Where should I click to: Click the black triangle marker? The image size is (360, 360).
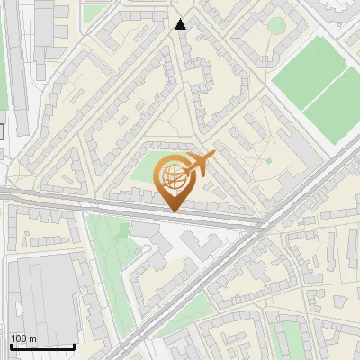(182, 24)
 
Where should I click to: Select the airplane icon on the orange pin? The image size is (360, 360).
(199, 164)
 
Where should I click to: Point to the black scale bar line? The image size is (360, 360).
(42, 346)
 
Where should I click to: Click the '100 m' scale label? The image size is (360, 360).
(24, 338)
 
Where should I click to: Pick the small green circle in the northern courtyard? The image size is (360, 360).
(276, 25)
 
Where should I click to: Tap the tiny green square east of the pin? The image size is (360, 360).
(268, 161)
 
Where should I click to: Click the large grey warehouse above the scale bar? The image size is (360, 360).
(40, 292)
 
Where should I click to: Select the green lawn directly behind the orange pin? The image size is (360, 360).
(144, 171)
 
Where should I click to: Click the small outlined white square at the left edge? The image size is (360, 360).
(2, 131)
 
